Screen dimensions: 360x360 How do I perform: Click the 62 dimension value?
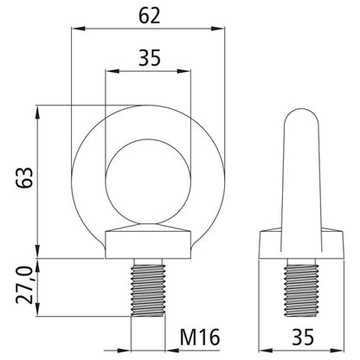pos(147,15)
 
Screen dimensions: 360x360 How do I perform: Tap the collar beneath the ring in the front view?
pos(147,243)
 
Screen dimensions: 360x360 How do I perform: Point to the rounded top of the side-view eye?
pos(303,121)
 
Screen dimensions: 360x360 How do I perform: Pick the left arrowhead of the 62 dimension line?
pos(74,29)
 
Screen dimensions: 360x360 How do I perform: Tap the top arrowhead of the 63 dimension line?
pos(39,110)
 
